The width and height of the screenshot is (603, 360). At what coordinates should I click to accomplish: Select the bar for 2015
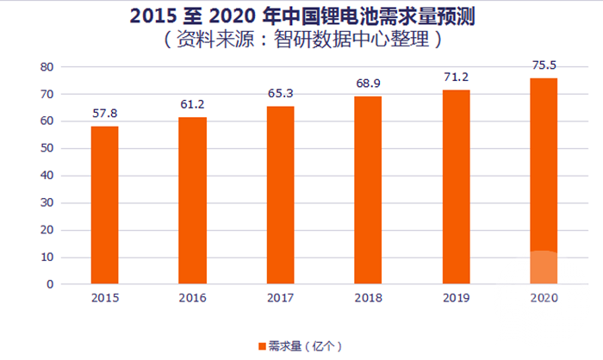click(x=104, y=205)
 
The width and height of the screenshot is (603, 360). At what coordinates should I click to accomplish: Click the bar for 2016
click(x=192, y=201)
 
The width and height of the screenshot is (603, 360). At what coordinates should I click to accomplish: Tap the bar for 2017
click(x=280, y=195)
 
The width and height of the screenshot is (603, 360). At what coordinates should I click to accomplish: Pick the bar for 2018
click(x=368, y=189)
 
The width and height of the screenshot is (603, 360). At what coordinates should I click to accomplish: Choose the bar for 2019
click(x=456, y=187)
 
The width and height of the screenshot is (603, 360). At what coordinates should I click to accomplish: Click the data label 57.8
click(x=104, y=113)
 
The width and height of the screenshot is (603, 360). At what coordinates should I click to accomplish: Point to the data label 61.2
click(x=192, y=103)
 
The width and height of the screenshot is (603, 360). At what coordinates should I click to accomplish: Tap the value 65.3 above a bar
click(x=280, y=92)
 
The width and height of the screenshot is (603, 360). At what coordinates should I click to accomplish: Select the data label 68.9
click(x=368, y=83)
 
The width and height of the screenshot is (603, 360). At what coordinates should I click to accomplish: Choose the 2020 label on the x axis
click(x=544, y=298)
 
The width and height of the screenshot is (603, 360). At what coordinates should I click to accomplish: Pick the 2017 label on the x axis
click(x=280, y=298)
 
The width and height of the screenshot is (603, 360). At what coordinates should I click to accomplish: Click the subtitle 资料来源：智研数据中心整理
click(x=301, y=39)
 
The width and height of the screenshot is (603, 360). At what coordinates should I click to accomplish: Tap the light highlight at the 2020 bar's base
click(x=544, y=268)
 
